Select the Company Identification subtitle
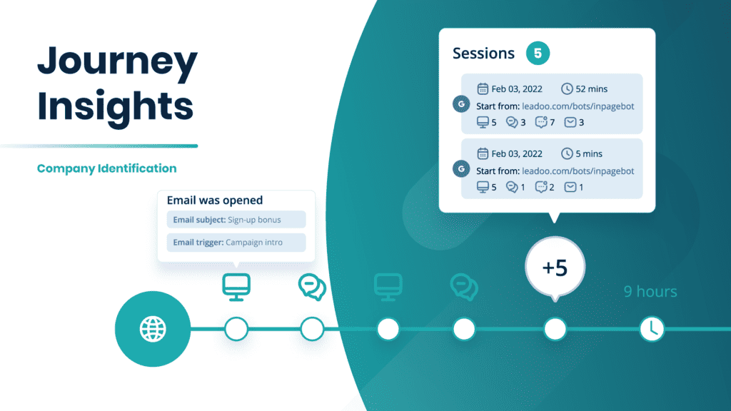(106, 168)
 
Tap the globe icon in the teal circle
(153, 329)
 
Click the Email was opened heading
(214, 201)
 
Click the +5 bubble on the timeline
(555, 268)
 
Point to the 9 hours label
(650, 291)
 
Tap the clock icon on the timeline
(652, 329)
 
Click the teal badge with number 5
(538, 54)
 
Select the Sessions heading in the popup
(483, 54)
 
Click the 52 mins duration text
(589, 89)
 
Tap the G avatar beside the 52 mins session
(461, 104)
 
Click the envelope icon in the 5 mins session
(570, 187)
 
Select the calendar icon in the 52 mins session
(483, 89)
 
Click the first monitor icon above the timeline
(236, 284)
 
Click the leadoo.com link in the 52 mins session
(578, 106)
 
